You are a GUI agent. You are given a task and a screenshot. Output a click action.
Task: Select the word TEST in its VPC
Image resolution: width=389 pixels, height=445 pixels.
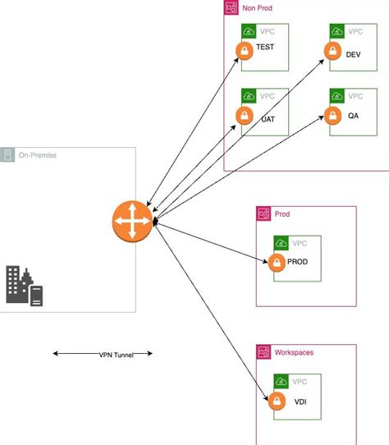click(x=266, y=48)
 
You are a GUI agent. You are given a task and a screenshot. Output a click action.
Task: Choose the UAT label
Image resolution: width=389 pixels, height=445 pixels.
click(x=268, y=118)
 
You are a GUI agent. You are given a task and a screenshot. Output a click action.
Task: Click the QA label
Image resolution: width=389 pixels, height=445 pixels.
click(x=354, y=116)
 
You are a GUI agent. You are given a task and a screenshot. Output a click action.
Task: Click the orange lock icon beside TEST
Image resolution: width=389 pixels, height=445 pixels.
click(x=243, y=51)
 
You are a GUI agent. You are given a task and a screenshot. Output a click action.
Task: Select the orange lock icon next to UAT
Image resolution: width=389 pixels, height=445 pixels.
click(x=243, y=116)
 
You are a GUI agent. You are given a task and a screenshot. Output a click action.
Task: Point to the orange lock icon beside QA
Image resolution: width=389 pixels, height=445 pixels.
click(x=332, y=116)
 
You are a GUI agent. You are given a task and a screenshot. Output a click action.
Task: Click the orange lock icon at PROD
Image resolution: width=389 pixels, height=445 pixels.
click(x=276, y=263)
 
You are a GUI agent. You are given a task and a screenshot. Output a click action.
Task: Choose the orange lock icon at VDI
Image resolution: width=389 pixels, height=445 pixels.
click(x=276, y=401)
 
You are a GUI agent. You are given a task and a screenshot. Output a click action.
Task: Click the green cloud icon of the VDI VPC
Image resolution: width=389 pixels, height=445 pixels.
click(x=281, y=383)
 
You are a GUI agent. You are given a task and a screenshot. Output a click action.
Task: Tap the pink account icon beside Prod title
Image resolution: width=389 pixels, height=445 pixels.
click(x=264, y=213)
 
